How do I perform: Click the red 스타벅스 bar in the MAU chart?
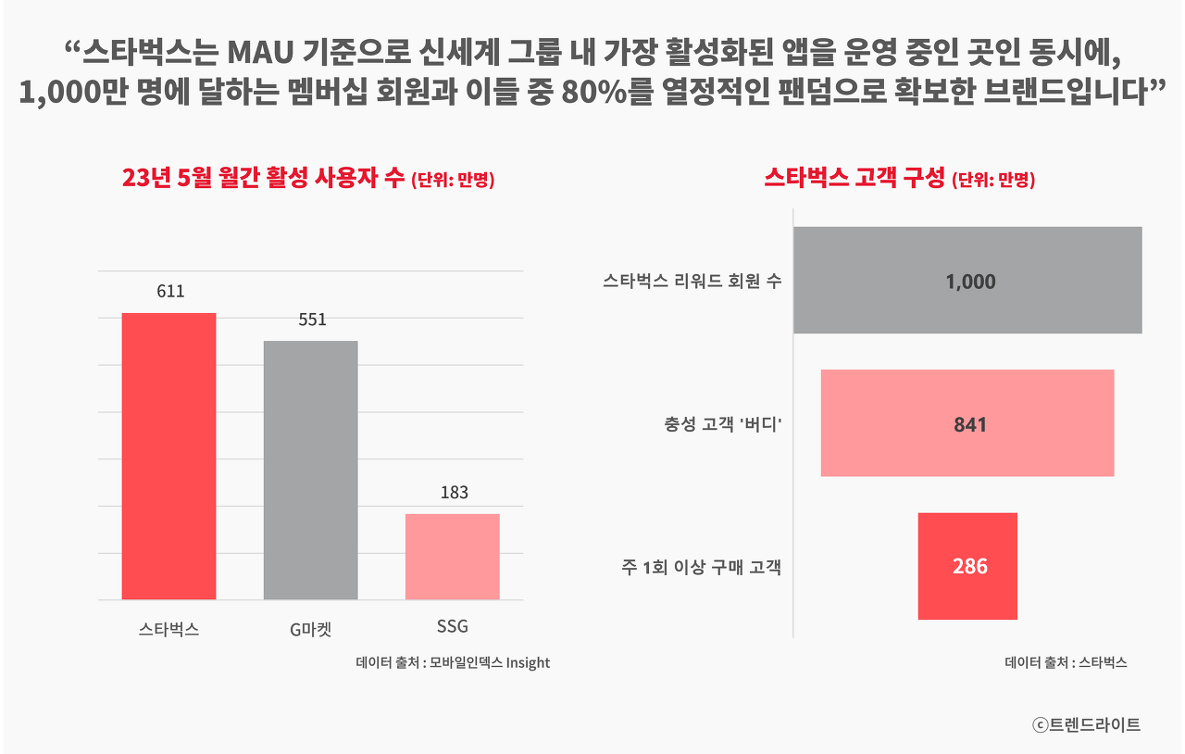click(168, 456)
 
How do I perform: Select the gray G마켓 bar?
click(310, 470)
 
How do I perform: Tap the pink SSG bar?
click(453, 556)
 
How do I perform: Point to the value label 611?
click(170, 291)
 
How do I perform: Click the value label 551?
click(312, 320)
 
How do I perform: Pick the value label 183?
click(454, 493)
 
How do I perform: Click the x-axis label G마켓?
click(310, 630)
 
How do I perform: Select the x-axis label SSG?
click(453, 627)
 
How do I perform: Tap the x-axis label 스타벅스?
click(168, 630)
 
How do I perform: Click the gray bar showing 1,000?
click(967, 280)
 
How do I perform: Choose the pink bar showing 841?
click(967, 423)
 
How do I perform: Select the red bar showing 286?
click(967, 566)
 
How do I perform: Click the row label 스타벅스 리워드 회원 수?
click(692, 281)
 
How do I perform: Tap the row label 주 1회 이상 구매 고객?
click(701, 567)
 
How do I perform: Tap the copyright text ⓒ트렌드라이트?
click(1086, 725)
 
